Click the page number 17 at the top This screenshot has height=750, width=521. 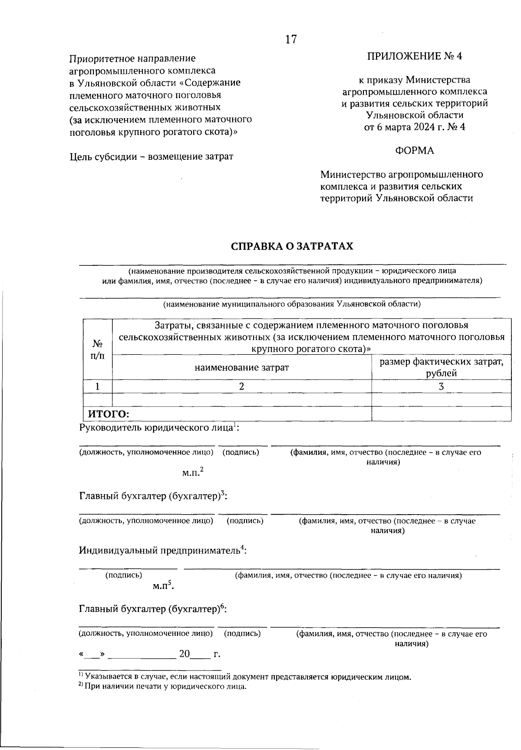pyautogui.click(x=291, y=40)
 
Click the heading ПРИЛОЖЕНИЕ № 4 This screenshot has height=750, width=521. pyautogui.click(x=415, y=56)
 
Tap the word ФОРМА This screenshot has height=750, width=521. pyautogui.click(x=414, y=151)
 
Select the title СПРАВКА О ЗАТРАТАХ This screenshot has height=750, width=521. pyautogui.click(x=292, y=246)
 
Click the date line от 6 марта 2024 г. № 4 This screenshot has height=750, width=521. pyautogui.click(x=414, y=127)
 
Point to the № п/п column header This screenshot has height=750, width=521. pyautogui.click(x=98, y=350)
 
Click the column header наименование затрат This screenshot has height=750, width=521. pyautogui.click(x=242, y=368)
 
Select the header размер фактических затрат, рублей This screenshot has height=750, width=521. pyautogui.click(x=442, y=367)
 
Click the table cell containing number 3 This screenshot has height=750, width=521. pyautogui.click(x=441, y=387)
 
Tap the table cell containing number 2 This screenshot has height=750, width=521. pyautogui.click(x=242, y=387)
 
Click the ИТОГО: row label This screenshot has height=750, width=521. pyautogui.click(x=109, y=414)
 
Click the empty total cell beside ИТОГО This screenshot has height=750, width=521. pyautogui.click(x=441, y=414)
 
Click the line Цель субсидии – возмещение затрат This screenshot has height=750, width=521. pyautogui.click(x=152, y=156)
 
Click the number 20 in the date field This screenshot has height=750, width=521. pyautogui.click(x=185, y=654)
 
